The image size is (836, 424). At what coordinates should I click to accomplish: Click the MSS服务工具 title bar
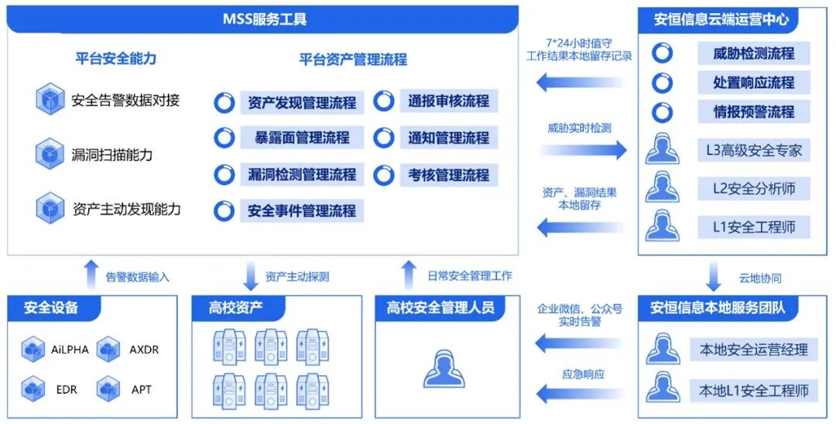coord(263,19)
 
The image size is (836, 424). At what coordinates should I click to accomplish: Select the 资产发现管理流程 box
coord(301,102)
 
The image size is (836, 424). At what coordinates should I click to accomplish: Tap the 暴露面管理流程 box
coord(301,138)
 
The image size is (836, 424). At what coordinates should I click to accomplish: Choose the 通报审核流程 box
coord(448,101)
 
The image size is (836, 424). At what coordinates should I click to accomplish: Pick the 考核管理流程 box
coord(448,175)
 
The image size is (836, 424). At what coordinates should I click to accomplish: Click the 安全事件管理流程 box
coord(301,210)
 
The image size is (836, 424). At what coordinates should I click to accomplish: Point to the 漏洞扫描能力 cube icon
coord(50,154)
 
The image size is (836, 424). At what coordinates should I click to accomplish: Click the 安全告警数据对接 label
coord(125,100)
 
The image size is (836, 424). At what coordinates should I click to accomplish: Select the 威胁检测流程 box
coord(753,53)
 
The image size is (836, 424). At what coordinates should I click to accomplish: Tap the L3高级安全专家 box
coord(753,150)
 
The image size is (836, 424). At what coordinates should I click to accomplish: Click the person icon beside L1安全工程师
coord(662,226)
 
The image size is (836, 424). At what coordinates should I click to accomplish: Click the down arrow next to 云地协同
coord(714,276)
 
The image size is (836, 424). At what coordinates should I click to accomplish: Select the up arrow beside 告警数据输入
coord(91,275)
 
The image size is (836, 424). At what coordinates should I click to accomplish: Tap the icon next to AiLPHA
coord(33,350)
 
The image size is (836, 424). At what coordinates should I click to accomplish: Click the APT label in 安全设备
coord(142,389)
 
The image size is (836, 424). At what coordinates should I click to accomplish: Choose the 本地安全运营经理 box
coord(753,349)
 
